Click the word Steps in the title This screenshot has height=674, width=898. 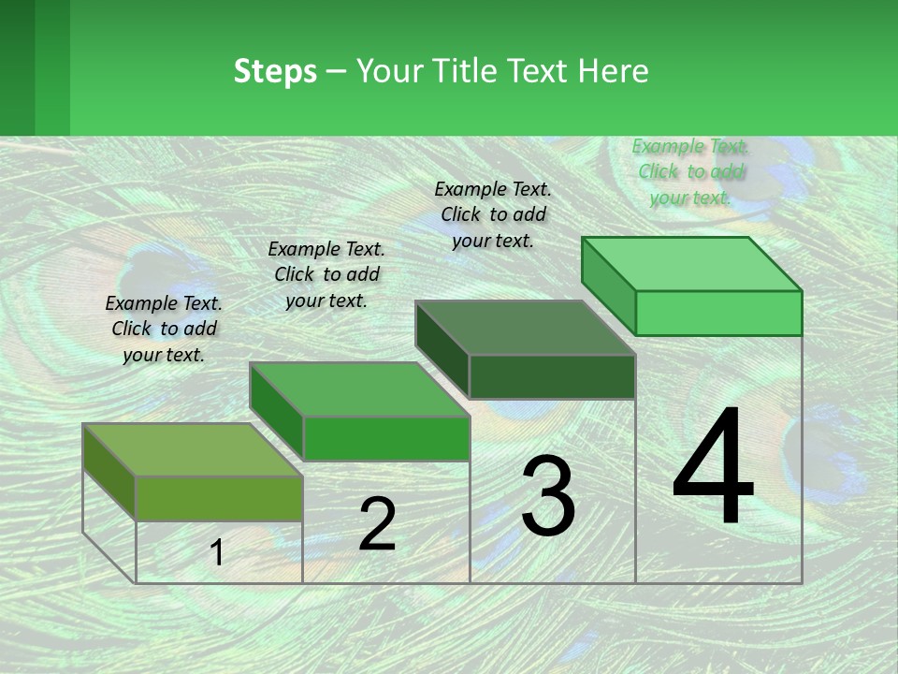(275, 71)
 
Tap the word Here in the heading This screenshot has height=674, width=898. (614, 71)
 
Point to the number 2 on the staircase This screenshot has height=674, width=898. (377, 524)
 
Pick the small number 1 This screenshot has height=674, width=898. (217, 553)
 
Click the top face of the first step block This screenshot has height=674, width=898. (192, 449)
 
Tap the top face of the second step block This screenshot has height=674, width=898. (358, 388)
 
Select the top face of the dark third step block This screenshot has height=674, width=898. (525, 328)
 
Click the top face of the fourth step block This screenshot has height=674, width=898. (691, 264)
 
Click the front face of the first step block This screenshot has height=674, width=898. (219, 498)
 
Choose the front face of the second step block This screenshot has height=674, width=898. (386, 438)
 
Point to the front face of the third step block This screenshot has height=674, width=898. (552, 376)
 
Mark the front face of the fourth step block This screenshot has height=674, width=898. (718, 313)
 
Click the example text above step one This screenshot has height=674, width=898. (164, 329)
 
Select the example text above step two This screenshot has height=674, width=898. (326, 274)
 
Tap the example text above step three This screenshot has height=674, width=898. (493, 214)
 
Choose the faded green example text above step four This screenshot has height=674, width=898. (690, 171)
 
